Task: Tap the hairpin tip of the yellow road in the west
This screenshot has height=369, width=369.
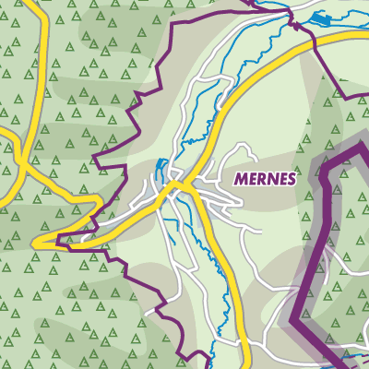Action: pyautogui.click(x=37, y=242)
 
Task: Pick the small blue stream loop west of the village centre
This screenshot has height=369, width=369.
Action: pyautogui.click(x=161, y=170)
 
